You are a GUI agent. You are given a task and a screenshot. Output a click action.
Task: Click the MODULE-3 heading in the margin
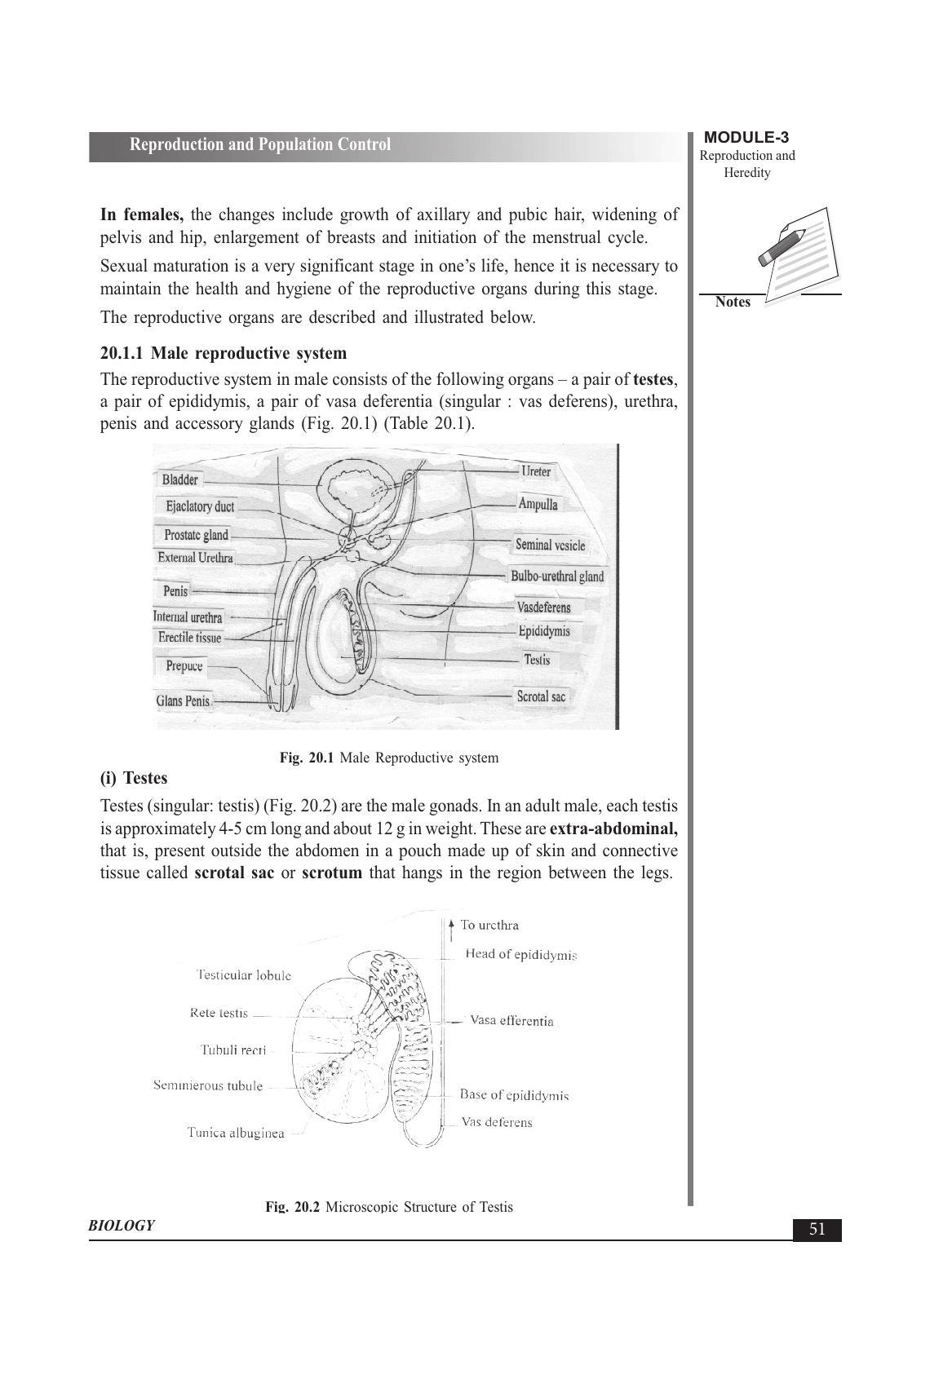tap(746, 138)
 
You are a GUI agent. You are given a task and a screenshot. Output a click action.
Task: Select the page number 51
tap(817, 1230)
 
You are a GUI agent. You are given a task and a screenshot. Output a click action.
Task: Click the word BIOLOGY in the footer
tap(122, 1226)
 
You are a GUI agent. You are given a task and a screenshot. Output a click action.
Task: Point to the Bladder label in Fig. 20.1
tap(179, 479)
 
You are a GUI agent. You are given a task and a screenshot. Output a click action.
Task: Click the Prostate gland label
tap(196, 535)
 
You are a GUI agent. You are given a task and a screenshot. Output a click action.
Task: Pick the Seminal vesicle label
tap(550, 545)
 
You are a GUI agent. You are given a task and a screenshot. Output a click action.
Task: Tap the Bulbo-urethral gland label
tap(557, 577)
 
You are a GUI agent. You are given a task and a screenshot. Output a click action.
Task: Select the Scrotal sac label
tap(541, 696)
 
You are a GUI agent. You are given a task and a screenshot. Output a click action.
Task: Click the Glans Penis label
tap(184, 700)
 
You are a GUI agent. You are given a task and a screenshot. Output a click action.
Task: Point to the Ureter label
tap(536, 471)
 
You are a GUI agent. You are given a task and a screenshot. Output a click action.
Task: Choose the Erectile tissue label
tap(189, 638)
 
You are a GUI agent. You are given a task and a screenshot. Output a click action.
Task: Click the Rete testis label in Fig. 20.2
tap(219, 1013)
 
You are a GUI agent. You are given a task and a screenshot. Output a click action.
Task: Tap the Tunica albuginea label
tap(236, 1133)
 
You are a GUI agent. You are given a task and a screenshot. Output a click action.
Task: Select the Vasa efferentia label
tap(511, 1021)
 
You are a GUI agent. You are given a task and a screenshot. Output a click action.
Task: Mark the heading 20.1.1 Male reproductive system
tap(224, 353)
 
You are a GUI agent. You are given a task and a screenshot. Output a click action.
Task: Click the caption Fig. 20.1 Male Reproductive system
tap(388, 758)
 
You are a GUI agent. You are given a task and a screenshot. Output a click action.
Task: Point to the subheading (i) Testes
tap(134, 778)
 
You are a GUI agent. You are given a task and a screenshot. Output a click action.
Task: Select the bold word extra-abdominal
tap(613, 829)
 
